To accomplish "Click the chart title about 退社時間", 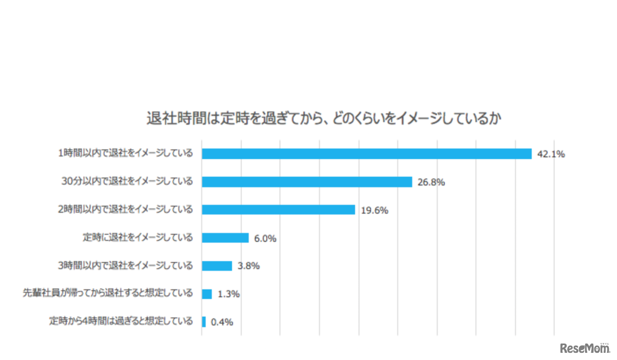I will point(324,119).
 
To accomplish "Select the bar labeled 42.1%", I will point(367,154).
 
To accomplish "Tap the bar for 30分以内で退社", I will point(307,182).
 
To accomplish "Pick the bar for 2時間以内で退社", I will point(278,210).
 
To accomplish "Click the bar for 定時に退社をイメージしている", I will point(225,238).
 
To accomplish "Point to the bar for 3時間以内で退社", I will point(217,266).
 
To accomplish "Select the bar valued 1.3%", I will point(207,294).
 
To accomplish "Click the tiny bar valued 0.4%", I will point(204,322).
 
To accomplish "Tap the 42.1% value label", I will point(551,154).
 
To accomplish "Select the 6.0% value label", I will point(265,238).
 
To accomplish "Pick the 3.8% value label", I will point(249,266).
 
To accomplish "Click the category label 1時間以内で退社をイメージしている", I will point(125,153).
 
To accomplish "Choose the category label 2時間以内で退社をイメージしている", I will point(125,209).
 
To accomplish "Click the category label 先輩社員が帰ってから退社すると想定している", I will point(108,294).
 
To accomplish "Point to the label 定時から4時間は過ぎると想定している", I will point(121,322).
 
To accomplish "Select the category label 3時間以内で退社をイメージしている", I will point(125,266).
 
